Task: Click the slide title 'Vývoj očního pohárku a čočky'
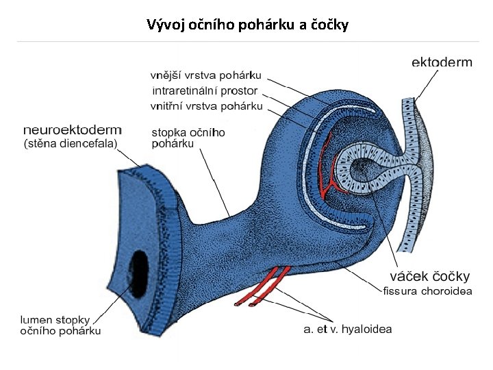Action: click(x=247, y=25)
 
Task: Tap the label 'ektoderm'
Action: click(x=442, y=62)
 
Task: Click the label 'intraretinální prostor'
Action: click(x=205, y=90)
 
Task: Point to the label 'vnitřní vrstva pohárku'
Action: click(x=206, y=106)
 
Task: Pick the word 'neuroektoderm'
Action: click(x=72, y=129)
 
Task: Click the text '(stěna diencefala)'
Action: click(x=71, y=143)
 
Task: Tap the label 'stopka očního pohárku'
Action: click(x=188, y=138)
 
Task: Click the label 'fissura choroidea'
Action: click(x=427, y=291)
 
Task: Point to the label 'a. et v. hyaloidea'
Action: click(x=347, y=329)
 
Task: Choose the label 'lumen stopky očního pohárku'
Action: click(x=60, y=325)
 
